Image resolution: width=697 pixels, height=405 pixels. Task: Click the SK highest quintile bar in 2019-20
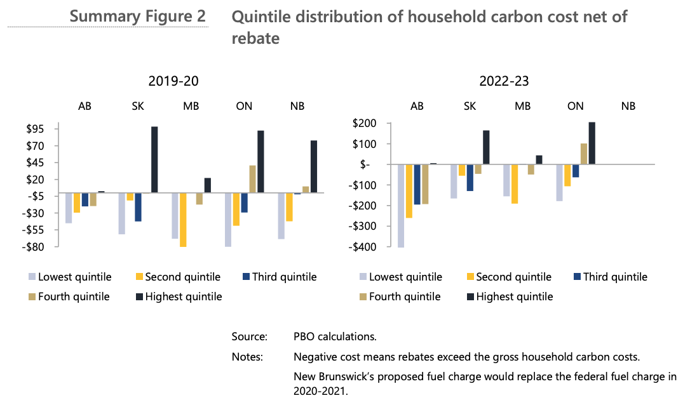tap(154, 159)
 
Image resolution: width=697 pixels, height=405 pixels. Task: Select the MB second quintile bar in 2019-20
tap(183, 220)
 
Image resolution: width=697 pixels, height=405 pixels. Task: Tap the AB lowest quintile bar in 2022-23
tap(401, 206)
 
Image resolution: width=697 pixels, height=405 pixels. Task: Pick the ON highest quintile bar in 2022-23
tap(592, 143)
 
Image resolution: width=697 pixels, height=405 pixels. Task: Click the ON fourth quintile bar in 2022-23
tap(583, 154)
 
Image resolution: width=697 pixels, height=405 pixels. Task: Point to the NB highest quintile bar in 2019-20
tap(314, 166)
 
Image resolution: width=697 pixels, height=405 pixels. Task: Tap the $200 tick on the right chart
tap(366, 123)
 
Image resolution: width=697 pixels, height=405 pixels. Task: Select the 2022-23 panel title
tap(504, 81)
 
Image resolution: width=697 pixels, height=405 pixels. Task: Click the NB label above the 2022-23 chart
tap(628, 106)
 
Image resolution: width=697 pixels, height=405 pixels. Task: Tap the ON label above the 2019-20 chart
tap(244, 106)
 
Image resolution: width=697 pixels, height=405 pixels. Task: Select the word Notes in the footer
tap(247, 357)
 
